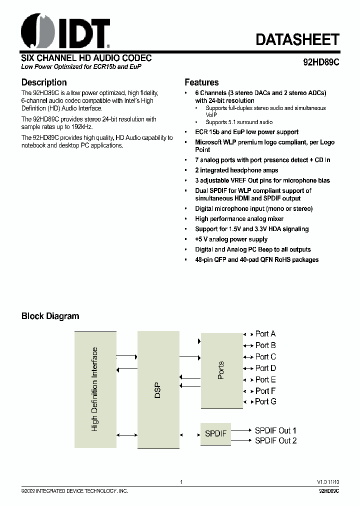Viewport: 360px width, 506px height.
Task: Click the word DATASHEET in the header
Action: coord(297,39)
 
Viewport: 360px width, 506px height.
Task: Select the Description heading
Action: coord(44,82)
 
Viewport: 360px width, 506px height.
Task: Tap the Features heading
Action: coord(201,82)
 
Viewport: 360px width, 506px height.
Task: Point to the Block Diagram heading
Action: coord(50,316)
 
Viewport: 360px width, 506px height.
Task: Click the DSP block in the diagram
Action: coord(158,388)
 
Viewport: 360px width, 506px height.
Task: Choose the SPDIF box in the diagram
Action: coord(216,433)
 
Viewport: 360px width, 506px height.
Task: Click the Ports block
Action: coord(221,370)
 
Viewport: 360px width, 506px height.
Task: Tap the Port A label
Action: coord(265,334)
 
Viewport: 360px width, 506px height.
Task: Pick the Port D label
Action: coord(265,368)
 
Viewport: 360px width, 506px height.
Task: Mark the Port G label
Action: coord(265,401)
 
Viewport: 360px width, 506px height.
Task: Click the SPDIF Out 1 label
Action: coord(275,430)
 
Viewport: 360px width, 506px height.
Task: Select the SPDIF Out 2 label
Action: coord(275,440)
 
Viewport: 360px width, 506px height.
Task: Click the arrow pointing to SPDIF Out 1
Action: coord(242,430)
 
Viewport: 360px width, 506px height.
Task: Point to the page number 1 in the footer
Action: coord(181,482)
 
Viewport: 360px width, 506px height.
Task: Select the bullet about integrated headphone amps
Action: coord(236,170)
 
